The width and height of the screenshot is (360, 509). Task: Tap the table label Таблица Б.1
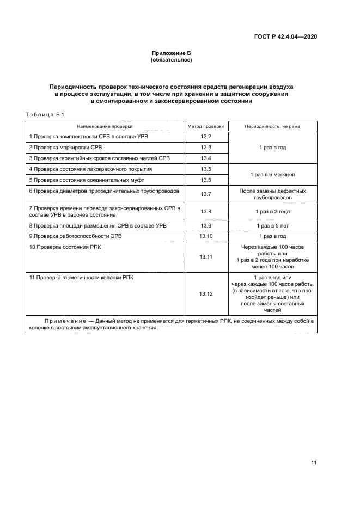coord(45,114)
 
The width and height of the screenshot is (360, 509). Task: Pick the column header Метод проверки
coord(205,126)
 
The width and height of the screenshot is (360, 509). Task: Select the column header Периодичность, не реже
coord(272,126)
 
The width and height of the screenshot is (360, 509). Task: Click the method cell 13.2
coord(205,137)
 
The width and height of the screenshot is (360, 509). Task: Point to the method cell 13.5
coord(205,169)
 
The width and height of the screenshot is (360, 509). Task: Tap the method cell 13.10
coord(205,236)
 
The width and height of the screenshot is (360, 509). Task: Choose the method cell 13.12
coord(205,293)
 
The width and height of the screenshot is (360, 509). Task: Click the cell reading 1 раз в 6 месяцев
coord(272,175)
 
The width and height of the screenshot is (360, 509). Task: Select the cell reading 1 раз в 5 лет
coord(272,225)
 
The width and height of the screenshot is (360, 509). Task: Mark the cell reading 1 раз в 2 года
coord(272,211)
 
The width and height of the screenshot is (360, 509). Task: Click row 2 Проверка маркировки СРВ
coord(65,148)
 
